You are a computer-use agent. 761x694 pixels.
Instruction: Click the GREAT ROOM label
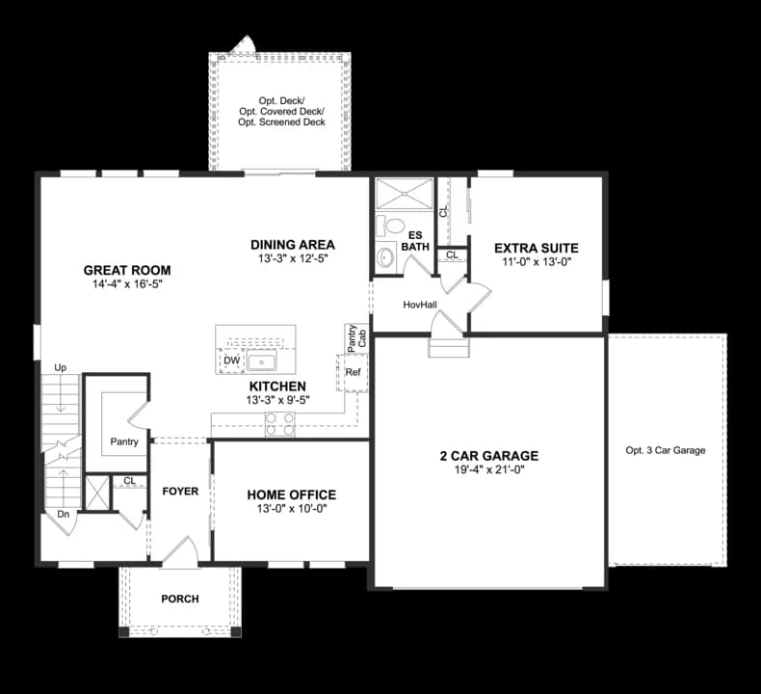coord(126,271)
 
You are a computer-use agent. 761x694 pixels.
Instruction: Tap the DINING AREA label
coord(292,245)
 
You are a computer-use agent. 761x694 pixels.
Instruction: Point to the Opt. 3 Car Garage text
coord(666,450)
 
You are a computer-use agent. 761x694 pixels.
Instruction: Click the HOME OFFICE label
coord(291,495)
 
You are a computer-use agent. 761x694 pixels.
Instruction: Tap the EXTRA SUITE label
coord(537,248)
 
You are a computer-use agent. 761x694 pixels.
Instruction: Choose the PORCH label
coord(180,599)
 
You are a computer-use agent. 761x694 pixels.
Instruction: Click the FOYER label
coord(180,492)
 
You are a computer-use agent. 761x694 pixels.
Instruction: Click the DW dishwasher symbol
coord(231,360)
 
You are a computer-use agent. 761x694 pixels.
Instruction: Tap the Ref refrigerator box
coord(353,372)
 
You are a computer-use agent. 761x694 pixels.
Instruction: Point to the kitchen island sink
coord(262,362)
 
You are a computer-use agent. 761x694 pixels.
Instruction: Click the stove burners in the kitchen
coord(279,424)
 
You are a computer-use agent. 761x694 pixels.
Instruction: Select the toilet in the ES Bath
coord(393,227)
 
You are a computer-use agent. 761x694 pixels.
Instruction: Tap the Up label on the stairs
coord(61,368)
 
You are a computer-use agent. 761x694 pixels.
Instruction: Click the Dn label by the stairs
coord(63,515)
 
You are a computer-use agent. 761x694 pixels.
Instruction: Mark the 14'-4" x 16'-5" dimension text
coord(126,285)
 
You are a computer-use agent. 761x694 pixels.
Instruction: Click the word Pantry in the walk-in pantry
coord(124,442)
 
